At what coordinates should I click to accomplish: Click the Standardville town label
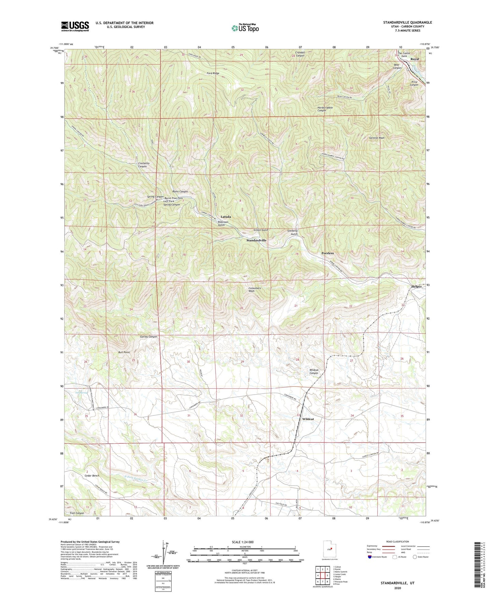tap(256, 240)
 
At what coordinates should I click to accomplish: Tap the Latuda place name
tap(226, 217)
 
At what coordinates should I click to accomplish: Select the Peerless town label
tap(328, 253)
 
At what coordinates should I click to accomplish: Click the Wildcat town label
tap(308, 419)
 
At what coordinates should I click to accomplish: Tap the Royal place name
tap(415, 59)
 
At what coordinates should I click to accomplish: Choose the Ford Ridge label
tap(213, 73)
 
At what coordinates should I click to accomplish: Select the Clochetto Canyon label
tap(142, 165)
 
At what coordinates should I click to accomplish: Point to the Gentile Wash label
tap(377, 138)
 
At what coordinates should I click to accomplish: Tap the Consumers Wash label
tap(255, 290)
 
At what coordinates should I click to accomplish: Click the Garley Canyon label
tap(148, 337)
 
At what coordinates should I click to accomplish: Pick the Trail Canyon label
tap(77, 513)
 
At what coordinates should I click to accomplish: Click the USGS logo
tap(75, 26)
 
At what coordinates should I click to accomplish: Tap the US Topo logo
tap(245, 28)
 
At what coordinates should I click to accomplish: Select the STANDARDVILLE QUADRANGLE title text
tap(407, 22)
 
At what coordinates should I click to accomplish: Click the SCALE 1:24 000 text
tap(242, 542)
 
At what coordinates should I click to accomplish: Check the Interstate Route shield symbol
tap(370, 557)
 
